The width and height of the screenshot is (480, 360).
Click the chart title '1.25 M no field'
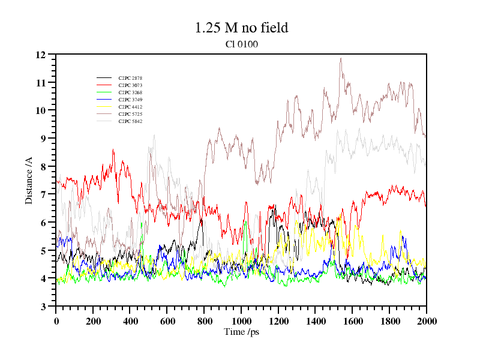click(241, 28)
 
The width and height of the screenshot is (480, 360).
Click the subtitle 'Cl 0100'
click(242, 44)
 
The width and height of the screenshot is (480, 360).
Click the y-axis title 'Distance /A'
click(29, 181)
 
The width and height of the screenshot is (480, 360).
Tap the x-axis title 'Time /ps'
click(241, 331)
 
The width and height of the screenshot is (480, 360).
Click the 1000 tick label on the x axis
click(241, 321)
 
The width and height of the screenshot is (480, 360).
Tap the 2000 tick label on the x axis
click(426, 321)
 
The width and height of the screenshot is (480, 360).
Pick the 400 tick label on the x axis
click(130, 321)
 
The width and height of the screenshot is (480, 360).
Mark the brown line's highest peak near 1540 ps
click(341, 58)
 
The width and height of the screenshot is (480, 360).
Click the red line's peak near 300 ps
click(112, 150)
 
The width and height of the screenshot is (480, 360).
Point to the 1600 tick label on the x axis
click(352, 321)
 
